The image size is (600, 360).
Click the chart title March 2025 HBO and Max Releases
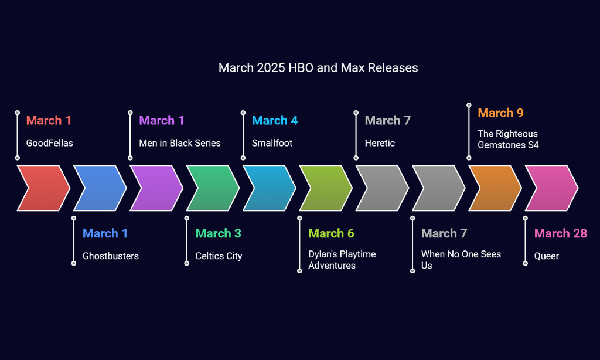point(318,68)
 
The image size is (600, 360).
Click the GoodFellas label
point(49,143)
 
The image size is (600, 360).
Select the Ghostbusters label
point(111,256)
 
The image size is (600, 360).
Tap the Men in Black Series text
point(180,143)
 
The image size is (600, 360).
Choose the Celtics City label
point(219,256)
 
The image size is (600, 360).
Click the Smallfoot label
point(272,143)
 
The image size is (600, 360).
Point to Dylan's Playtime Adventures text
point(342,260)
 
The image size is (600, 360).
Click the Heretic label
point(380,143)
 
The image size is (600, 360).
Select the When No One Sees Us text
point(461,260)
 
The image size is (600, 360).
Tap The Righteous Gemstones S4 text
point(508,139)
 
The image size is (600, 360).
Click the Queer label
point(547,256)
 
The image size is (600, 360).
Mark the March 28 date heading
point(561,233)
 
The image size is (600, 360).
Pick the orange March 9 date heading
point(500,113)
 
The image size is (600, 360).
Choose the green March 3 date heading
point(219,233)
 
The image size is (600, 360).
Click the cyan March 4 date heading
point(275,120)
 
